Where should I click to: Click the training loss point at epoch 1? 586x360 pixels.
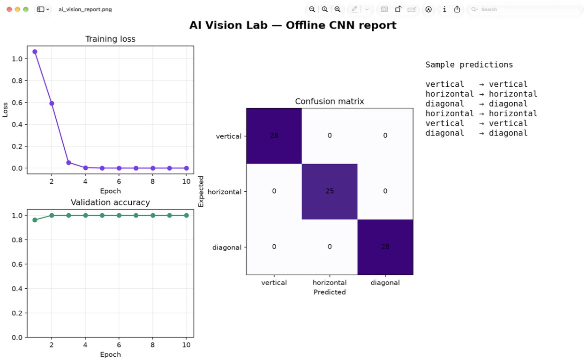35,52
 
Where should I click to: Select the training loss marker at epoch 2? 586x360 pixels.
52,103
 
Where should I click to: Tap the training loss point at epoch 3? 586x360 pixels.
68,163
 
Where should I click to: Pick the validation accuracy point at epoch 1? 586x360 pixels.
35,220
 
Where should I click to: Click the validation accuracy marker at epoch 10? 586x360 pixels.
186,215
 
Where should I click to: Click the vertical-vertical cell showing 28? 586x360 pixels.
274,136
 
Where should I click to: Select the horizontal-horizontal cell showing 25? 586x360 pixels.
330,192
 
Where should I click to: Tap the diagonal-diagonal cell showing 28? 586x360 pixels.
385,247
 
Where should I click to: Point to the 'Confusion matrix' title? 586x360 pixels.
330,101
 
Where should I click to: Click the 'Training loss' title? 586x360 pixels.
110,39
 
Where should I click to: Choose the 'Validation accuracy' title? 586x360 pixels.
110,202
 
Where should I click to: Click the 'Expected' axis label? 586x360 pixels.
201,192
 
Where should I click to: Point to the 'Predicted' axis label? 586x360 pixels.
330,292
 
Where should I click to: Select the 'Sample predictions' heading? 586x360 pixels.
469,65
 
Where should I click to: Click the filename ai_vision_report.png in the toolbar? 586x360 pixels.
85,9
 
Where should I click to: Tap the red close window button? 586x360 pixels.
9,9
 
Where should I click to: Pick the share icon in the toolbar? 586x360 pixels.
457,9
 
